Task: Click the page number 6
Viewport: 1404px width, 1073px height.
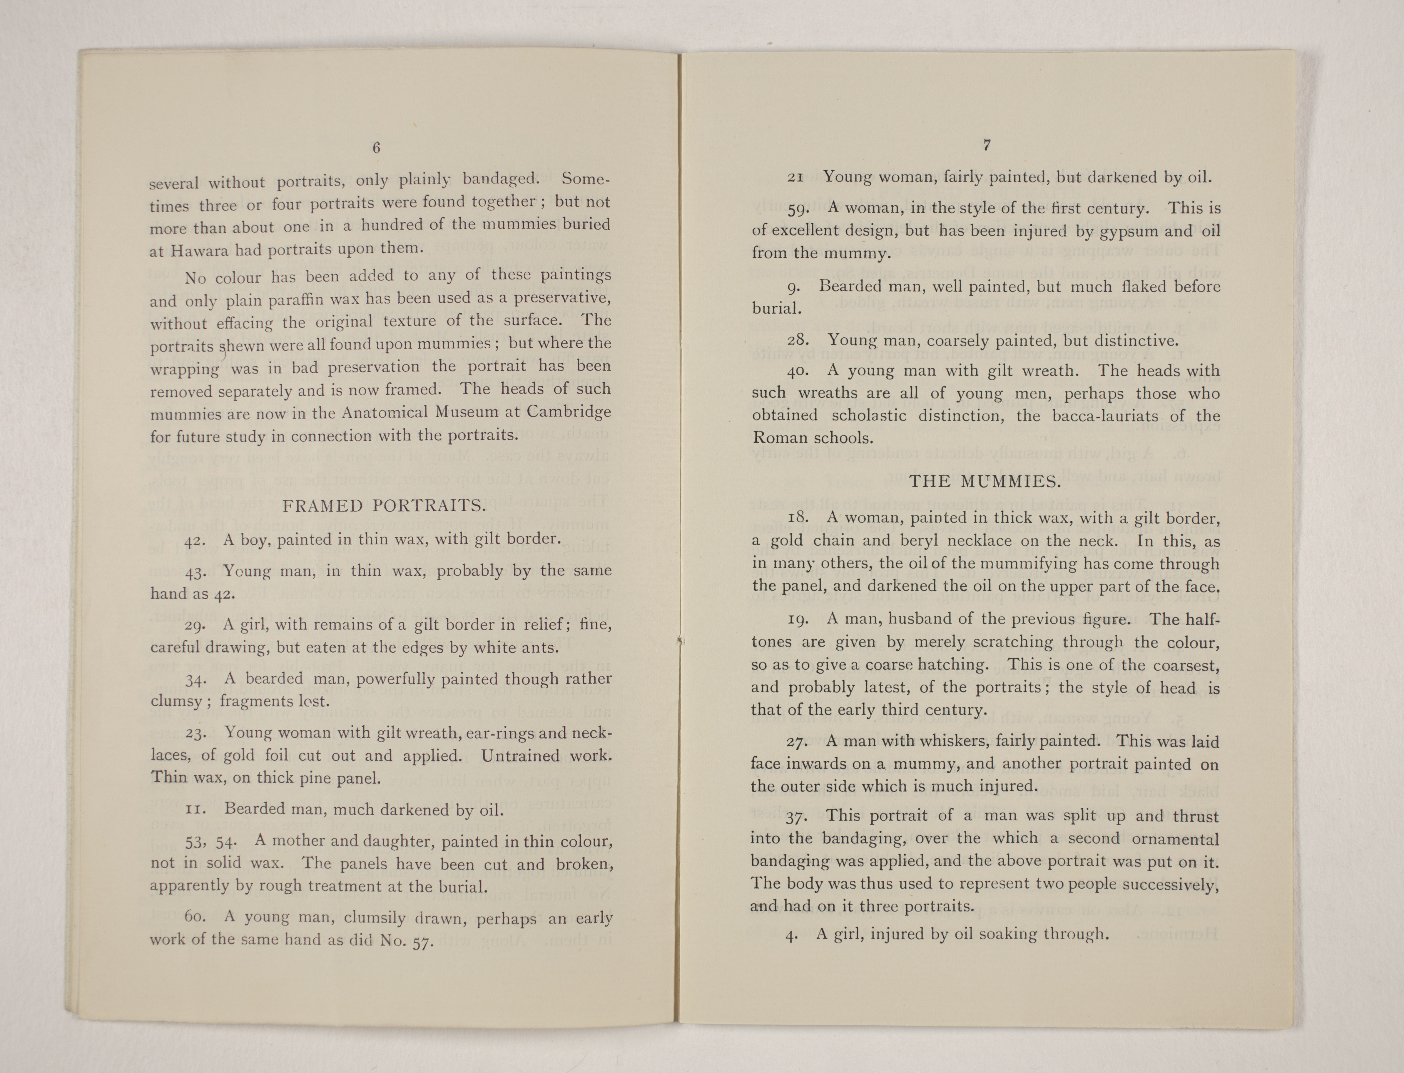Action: tap(377, 148)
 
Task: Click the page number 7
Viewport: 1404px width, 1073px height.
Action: tap(987, 146)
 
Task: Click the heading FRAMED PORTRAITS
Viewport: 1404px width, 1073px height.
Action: tap(384, 506)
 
